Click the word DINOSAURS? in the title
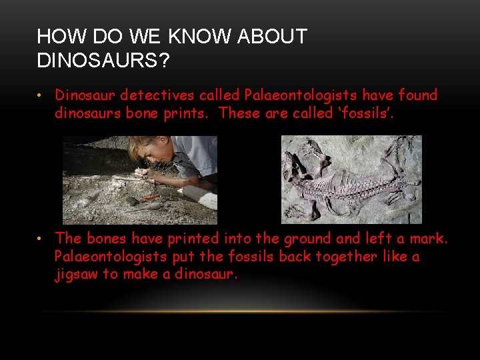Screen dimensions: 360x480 103,61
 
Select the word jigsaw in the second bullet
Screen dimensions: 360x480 76,274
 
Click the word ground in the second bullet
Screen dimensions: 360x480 311,238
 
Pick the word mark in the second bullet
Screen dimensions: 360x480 429,238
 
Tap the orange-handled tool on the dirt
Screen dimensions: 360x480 151,197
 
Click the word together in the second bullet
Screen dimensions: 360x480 347,257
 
